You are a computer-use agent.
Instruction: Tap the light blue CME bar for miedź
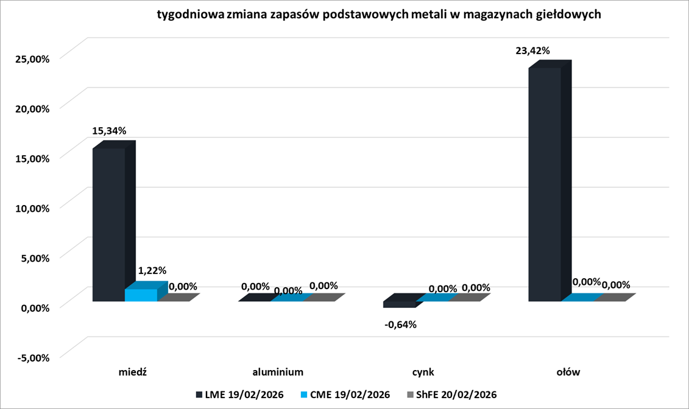pos(141,295)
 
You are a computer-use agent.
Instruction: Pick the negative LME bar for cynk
pos(399,303)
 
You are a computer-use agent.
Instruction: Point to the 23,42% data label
pos(532,51)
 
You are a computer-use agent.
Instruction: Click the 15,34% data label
pos(109,130)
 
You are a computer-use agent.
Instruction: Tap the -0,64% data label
pos(400,324)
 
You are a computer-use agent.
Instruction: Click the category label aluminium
pos(278,371)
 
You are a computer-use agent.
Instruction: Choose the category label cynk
pos(422,371)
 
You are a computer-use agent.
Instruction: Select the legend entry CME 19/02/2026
pos(345,394)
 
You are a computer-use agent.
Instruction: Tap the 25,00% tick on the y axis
pos(30,58)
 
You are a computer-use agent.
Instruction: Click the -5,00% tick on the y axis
pos(30,357)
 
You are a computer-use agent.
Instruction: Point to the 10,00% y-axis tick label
pos(30,208)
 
